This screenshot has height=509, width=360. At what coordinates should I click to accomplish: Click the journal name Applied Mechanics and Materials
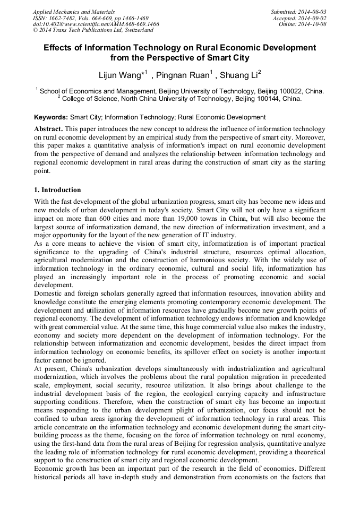tap(68, 11)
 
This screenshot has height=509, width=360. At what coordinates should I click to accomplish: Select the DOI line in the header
tap(96, 24)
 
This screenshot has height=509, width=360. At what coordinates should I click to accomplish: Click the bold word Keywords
tap(50, 117)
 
